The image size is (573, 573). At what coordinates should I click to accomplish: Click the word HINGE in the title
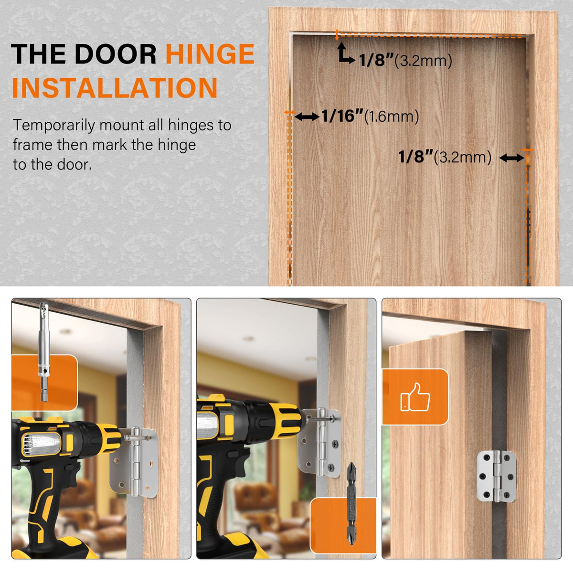(210, 54)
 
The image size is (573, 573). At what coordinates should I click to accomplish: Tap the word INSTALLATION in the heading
(115, 88)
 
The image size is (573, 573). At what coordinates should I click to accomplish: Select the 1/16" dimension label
(342, 116)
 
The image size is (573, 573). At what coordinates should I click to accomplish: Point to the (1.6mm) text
(392, 116)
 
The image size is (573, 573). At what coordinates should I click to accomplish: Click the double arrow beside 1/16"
(307, 117)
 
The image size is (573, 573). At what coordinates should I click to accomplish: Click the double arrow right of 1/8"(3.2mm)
(512, 158)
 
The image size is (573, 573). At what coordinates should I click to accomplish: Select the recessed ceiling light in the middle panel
(249, 339)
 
